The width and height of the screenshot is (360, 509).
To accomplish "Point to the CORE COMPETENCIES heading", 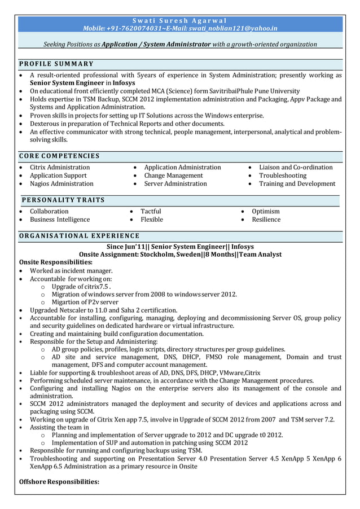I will [59, 156].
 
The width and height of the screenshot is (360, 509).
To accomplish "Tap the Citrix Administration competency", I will [60, 168].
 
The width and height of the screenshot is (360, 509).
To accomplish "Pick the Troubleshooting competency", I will [283, 175].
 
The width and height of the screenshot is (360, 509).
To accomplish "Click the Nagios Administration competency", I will [62, 183].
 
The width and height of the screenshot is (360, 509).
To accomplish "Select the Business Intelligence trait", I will [60, 220].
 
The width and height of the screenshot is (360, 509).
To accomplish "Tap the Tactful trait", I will [151, 212].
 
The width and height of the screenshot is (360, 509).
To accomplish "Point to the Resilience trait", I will [266, 220].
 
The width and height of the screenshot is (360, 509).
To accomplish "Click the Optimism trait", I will [265, 212].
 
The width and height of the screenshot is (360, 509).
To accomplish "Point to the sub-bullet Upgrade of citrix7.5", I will [81, 287].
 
